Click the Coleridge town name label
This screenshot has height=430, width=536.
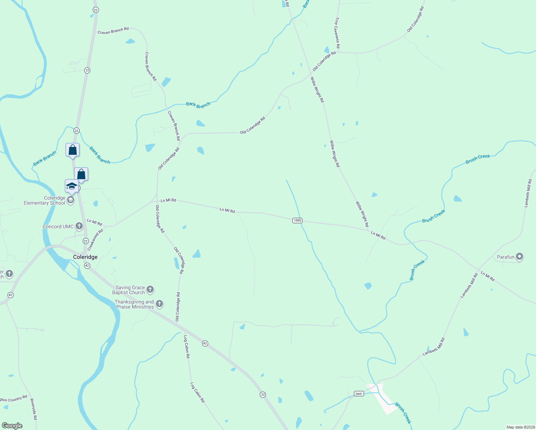(x=85, y=257)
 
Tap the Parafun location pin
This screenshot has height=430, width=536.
(x=520, y=257)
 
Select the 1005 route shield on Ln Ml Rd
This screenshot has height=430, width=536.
(x=297, y=220)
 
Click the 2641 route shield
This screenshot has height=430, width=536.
(x=359, y=393)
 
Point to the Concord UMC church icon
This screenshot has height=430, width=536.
(x=79, y=226)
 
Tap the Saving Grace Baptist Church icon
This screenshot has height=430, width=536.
(x=150, y=290)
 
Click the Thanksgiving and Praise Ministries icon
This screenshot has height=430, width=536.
(x=159, y=304)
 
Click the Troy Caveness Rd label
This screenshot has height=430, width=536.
(x=337, y=33)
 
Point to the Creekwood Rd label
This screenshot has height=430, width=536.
(x=95, y=240)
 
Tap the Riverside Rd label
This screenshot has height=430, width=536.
(x=33, y=409)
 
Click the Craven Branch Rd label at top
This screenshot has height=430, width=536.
(x=113, y=31)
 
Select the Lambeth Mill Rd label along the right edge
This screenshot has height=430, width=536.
(x=528, y=193)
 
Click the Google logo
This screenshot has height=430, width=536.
(x=12, y=426)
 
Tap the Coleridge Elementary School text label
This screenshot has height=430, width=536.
(x=44, y=200)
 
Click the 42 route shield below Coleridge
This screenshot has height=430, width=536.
(x=87, y=266)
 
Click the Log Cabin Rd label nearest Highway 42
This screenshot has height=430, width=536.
(x=187, y=347)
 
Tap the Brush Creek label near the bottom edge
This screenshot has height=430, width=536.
(x=403, y=413)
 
